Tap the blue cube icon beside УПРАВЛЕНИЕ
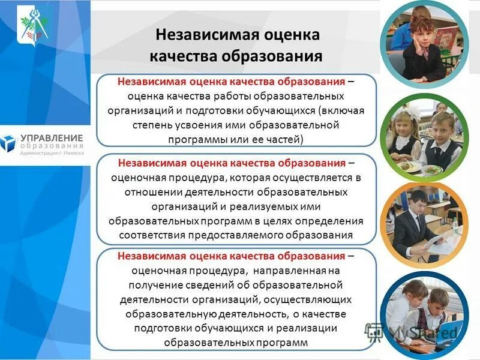(x=8, y=143)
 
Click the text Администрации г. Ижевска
(x=52, y=153)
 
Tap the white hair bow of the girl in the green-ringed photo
(x=398, y=119)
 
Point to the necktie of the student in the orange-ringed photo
(x=418, y=223)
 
